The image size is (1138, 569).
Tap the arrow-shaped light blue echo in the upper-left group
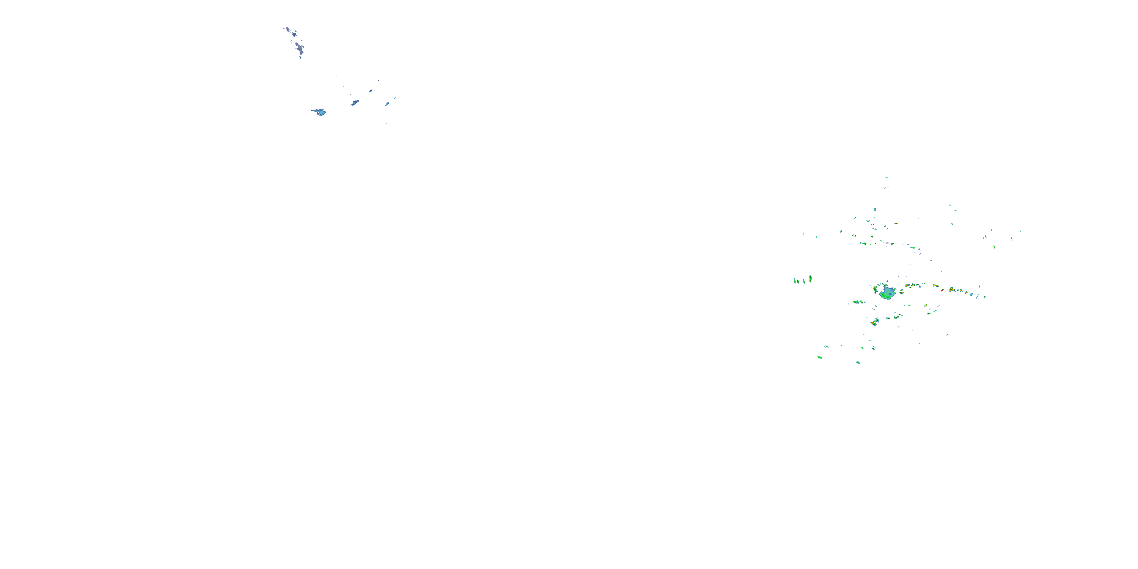319,112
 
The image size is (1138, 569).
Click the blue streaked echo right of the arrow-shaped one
355,103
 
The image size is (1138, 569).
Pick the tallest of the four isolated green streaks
810,278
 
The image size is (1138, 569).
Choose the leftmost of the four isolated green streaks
795,281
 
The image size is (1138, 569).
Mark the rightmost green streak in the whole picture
1020,230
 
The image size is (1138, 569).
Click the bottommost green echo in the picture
858,362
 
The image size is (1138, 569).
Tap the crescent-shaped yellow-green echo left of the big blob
875,289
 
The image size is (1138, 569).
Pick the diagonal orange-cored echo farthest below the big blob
874,322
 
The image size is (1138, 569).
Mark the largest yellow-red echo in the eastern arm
952,290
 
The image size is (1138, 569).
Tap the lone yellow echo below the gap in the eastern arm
926,305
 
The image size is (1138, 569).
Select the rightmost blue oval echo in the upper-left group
387,104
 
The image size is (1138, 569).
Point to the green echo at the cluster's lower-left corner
819,357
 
